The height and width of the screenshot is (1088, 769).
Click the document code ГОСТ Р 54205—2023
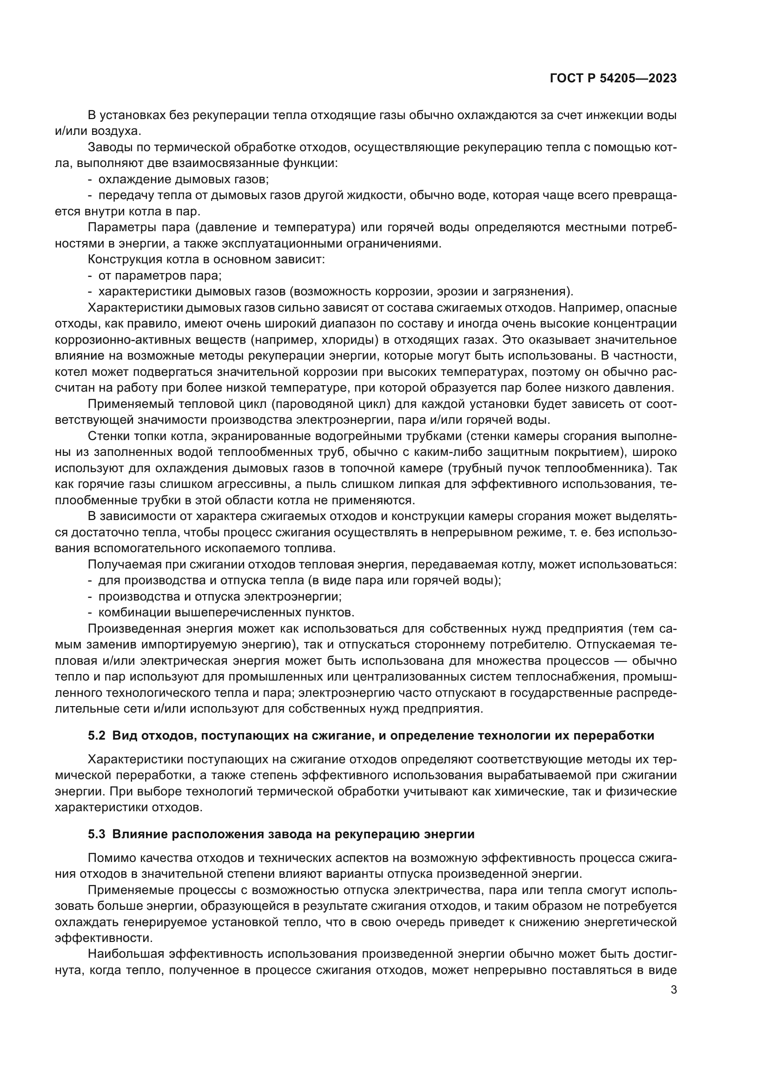[x=613, y=79]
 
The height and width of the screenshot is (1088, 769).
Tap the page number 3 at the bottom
[x=673, y=989]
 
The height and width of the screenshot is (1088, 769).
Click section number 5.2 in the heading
[x=97, y=735]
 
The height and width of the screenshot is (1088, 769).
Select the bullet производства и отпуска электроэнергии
[x=220, y=596]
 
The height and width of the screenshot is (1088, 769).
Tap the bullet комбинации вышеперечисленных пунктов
[x=226, y=612]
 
